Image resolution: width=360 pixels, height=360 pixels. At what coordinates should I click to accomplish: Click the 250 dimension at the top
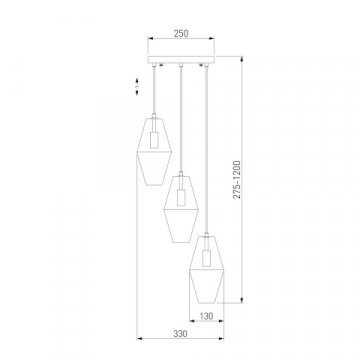(180, 31)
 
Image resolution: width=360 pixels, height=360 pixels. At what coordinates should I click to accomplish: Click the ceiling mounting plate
(181, 63)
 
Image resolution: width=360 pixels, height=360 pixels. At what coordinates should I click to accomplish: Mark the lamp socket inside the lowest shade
(207, 254)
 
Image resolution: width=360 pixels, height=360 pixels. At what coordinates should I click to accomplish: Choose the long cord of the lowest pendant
(207, 150)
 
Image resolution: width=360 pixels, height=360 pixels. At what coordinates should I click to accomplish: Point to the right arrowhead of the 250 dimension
(212, 41)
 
